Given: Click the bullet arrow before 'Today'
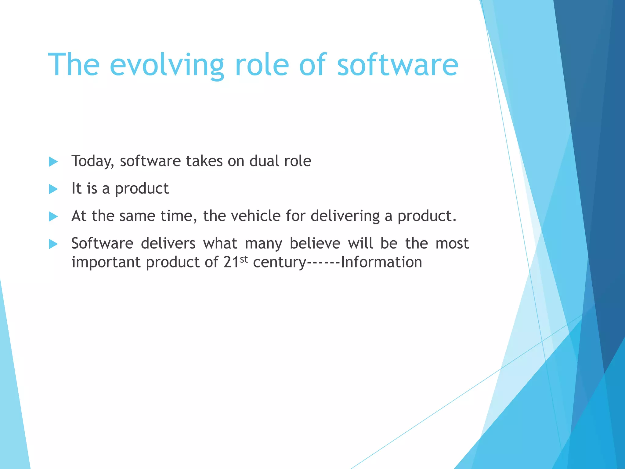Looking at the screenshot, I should pyautogui.click(x=53, y=162).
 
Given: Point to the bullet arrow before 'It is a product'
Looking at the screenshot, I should pyautogui.click(x=53, y=189).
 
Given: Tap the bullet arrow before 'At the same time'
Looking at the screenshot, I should pyautogui.click(x=53, y=216).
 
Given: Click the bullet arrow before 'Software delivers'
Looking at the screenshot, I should pyautogui.click(x=53, y=244).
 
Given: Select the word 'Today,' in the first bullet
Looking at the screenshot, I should pyautogui.click(x=93, y=161).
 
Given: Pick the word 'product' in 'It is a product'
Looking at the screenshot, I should pyautogui.click(x=142, y=189).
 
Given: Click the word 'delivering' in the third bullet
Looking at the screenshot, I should pyautogui.click(x=345, y=216).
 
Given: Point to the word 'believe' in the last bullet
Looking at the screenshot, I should pyautogui.click(x=315, y=243).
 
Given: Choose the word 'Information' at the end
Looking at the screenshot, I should pyautogui.click(x=381, y=262).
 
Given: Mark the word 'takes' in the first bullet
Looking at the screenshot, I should pyautogui.click(x=204, y=161).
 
